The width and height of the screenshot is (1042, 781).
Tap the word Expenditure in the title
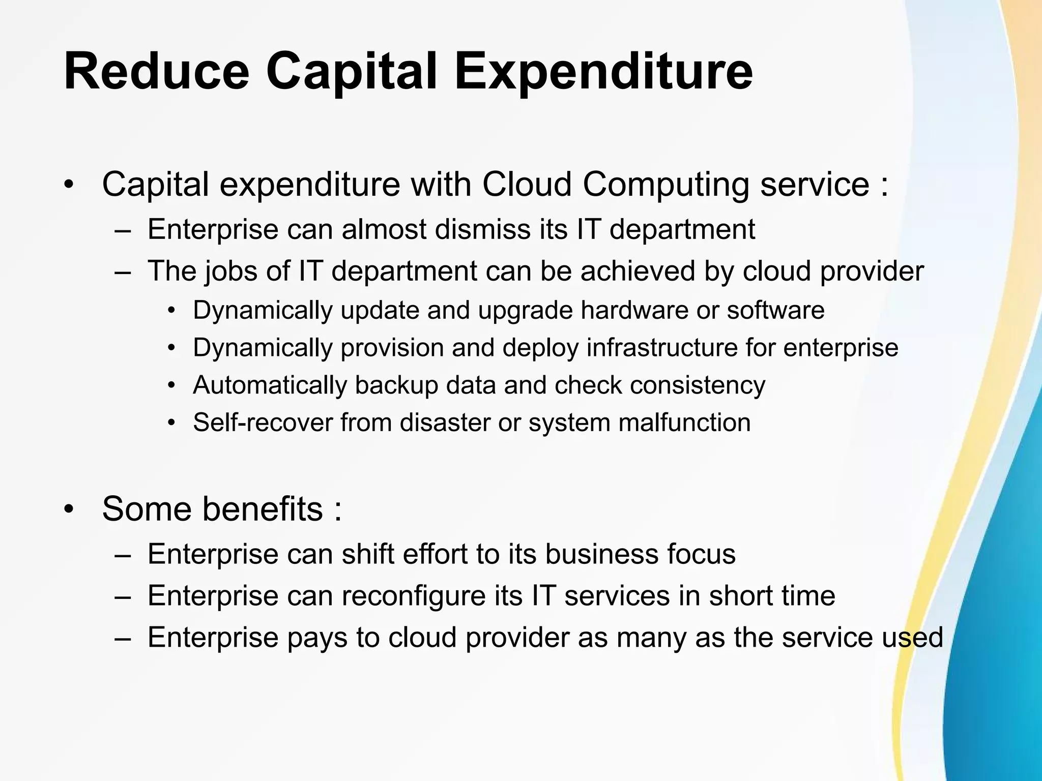[x=603, y=72]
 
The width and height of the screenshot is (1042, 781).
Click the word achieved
[x=638, y=271]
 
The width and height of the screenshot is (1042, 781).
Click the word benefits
[x=263, y=508]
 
